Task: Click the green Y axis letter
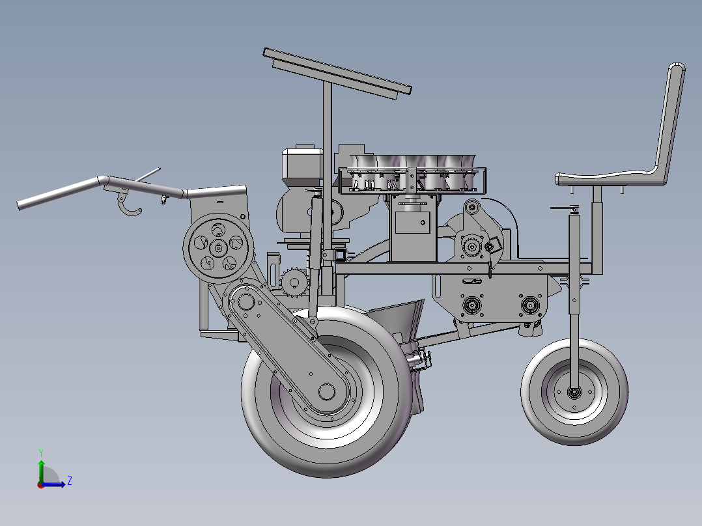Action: click(x=41, y=452)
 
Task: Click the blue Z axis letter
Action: click(x=70, y=481)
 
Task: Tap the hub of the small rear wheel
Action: click(x=574, y=393)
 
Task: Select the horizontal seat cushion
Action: click(x=609, y=178)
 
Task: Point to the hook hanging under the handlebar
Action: click(x=129, y=205)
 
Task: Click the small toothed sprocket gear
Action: click(x=294, y=283)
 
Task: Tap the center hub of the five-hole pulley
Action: click(x=219, y=248)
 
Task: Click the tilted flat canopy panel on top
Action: click(x=337, y=73)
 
